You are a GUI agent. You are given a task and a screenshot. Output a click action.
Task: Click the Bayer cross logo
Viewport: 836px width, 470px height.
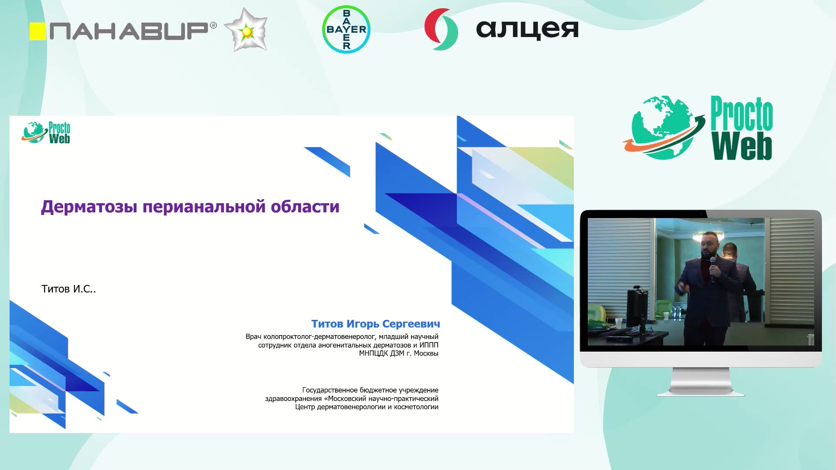(346, 30)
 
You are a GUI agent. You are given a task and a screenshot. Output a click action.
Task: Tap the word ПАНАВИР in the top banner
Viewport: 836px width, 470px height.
(129, 31)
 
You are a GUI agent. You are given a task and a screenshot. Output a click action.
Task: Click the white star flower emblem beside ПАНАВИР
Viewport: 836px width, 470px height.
(246, 30)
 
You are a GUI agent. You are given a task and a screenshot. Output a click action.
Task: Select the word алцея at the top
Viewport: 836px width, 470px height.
(527, 30)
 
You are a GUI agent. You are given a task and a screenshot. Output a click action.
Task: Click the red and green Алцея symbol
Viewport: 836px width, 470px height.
(441, 29)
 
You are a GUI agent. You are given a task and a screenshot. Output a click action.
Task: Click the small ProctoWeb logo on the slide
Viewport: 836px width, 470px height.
(46, 132)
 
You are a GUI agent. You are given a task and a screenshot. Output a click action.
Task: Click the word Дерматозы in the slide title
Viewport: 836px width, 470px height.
(89, 207)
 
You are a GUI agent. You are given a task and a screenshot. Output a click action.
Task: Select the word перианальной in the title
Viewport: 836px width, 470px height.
(204, 207)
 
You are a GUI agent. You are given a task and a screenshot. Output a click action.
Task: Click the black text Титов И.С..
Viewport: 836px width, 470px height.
(68, 289)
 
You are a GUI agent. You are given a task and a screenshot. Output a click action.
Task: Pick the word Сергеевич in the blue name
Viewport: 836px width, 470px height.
(411, 324)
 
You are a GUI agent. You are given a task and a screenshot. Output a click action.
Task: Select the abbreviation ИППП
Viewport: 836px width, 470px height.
(429, 345)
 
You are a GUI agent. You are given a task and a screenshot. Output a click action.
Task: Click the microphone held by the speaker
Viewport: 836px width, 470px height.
(713, 268)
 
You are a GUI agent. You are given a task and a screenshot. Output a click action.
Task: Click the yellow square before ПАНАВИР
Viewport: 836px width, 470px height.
(37, 31)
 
